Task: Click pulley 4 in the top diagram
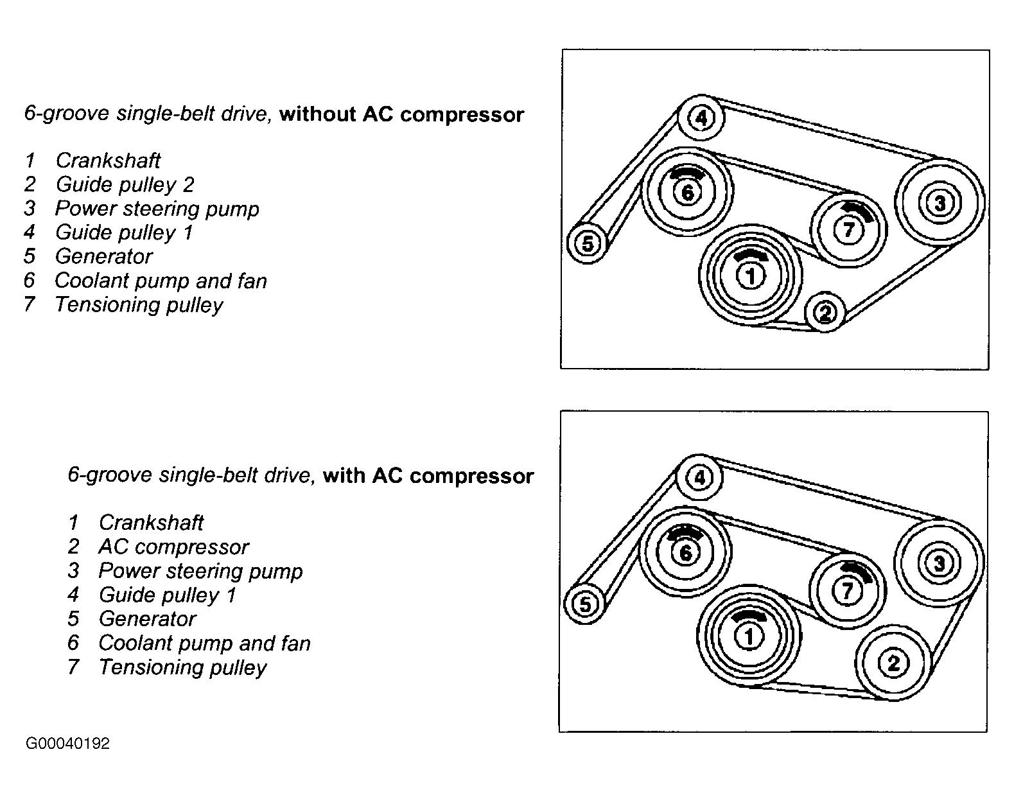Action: click(x=701, y=118)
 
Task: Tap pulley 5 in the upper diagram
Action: click(x=587, y=243)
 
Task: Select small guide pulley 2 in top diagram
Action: click(x=825, y=313)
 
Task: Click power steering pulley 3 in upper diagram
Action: click(x=940, y=203)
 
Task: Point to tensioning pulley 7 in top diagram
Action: click(x=848, y=229)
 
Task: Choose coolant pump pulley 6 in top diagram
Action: click(x=687, y=192)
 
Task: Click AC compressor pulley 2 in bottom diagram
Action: click(x=893, y=663)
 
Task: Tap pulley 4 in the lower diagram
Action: click(x=699, y=478)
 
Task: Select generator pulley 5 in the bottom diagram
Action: click(x=585, y=604)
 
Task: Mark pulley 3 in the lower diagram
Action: click(x=938, y=563)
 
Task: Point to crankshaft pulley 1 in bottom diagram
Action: click(x=748, y=636)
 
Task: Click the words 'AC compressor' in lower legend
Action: click(x=173, y=547)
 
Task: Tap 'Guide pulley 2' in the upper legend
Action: click(x=125, y=185)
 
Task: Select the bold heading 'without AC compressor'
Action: click(x=401, y=115)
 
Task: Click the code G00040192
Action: click(x=67, y=744)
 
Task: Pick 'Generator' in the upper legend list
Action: click(x=103, y=257)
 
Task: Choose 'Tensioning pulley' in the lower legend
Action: click(x=182, y=667)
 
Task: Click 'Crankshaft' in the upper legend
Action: click(x=108, y=161)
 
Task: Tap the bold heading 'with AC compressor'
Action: click(x=428, y=476)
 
